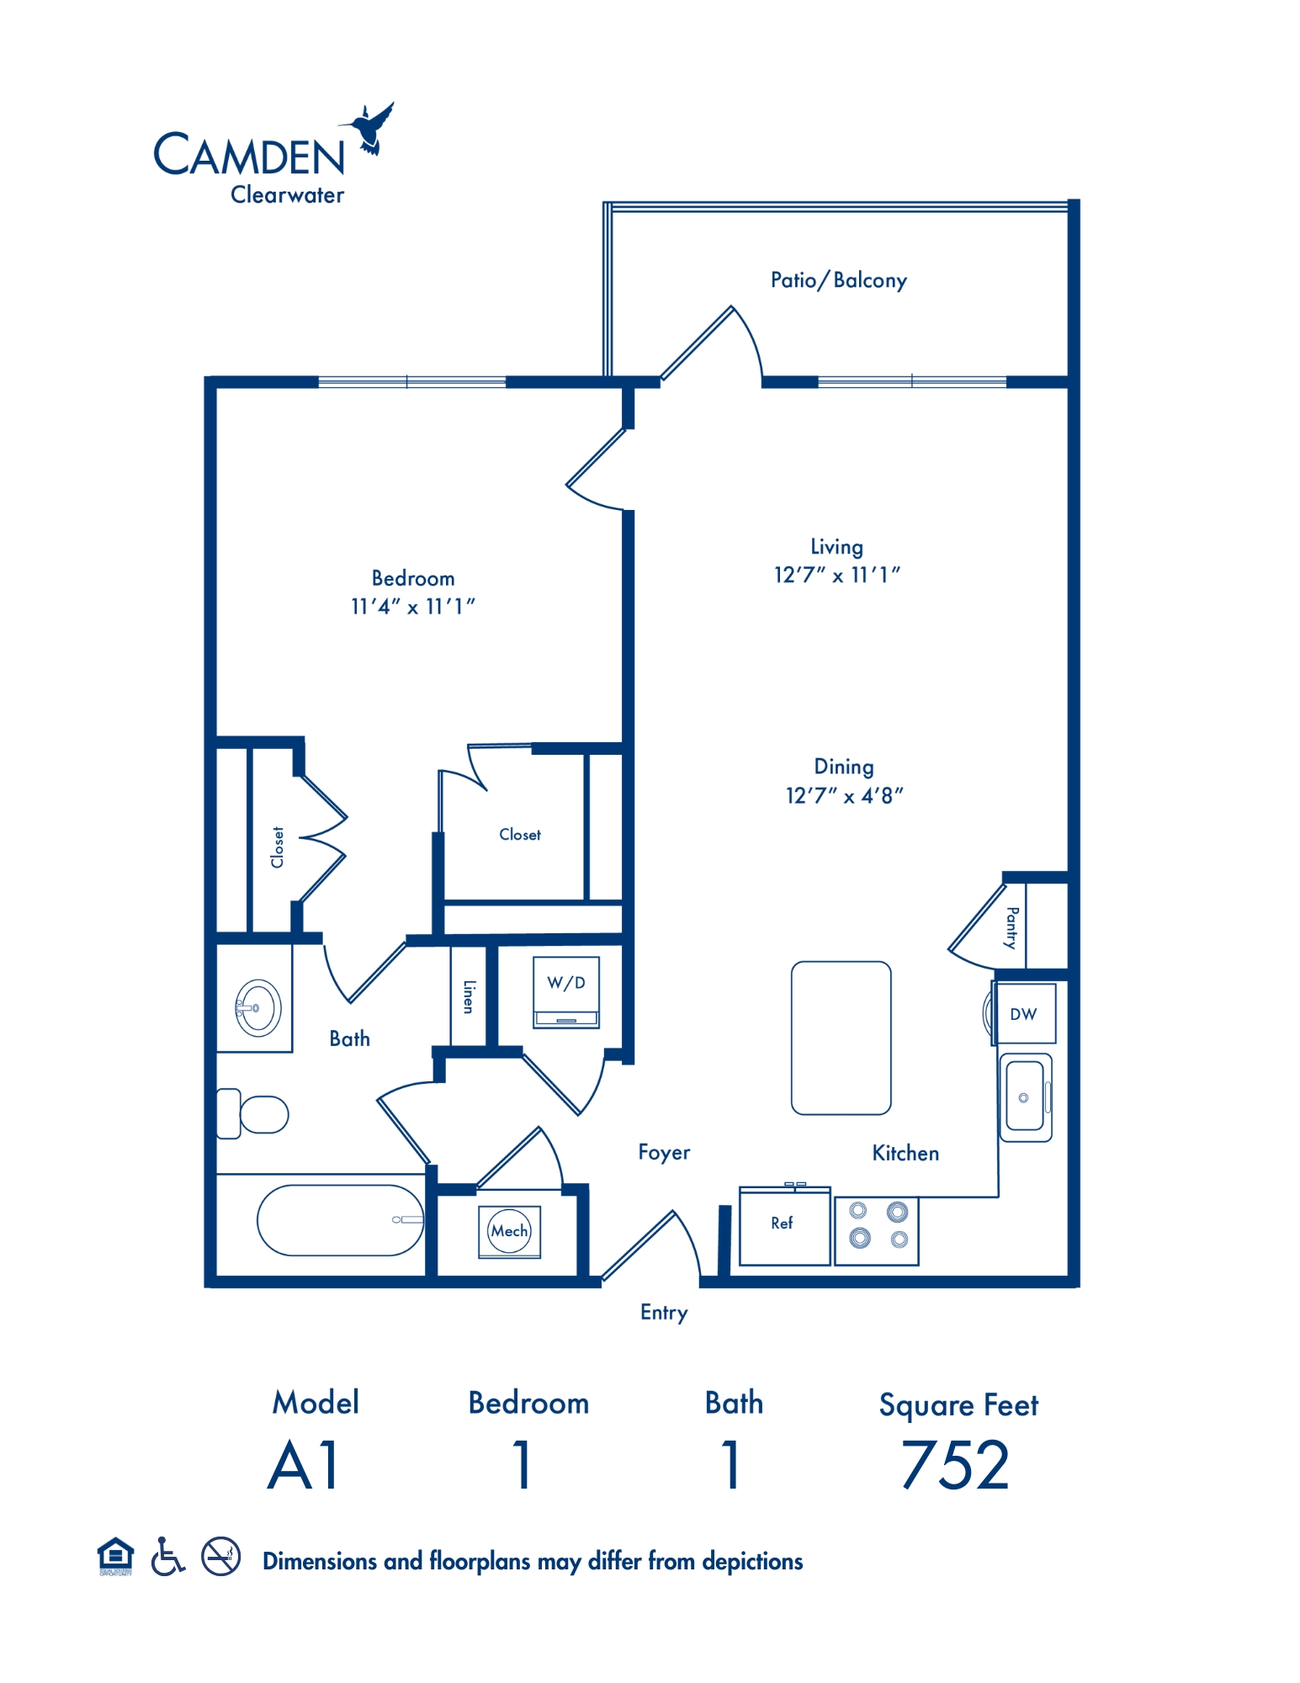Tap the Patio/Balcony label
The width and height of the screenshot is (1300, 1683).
click(x=838, y=280)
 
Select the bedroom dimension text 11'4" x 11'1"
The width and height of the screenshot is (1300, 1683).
click(x=412, y=606)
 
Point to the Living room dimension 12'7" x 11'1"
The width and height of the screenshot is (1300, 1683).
click(x=837, y=575)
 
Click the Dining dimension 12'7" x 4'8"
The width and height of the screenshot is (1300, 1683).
click(x=844, y=795)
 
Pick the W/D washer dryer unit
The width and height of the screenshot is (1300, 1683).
click(x=566, y=991)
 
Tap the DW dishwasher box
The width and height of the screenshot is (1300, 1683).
click(x=1024, y=1014)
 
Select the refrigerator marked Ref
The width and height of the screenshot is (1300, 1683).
click(x=784, y=1224)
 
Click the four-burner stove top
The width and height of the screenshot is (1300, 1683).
click(x=877, y=1230)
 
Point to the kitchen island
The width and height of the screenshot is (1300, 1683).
click(x=841, y=1038)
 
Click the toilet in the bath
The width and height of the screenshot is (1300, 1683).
click(x=252, y=1114)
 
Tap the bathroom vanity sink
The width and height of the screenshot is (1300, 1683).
click(x=257, y=1007)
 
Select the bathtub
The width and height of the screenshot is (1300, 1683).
click(x=340, y=1220)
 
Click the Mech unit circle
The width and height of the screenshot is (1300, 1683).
click(x=509, y=1231)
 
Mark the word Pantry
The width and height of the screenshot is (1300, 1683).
click(x=1012, y=927)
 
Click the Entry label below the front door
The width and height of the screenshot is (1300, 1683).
click(x=664, y=1313)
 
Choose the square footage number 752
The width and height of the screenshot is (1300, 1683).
click(x=955, y=1465)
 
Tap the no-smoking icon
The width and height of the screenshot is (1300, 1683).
click(x=221, y=1557)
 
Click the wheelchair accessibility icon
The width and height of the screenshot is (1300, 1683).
click(x=167, y=1557)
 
